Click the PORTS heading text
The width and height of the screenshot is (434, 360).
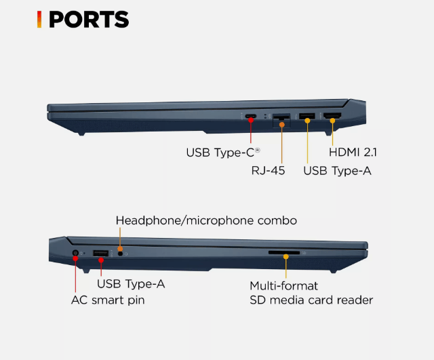pos(88,19)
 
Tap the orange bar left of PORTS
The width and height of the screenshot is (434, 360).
pos(39,19)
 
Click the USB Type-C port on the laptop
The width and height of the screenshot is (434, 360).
pos(251,116)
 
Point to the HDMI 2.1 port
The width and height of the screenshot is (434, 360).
pos(332,117)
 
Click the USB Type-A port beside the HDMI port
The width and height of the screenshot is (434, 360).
pos(307,117)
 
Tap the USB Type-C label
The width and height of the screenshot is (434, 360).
pos(223,153)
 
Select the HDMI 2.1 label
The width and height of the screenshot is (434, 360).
pos(353,153)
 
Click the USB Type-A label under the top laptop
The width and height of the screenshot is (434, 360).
pos(337,171)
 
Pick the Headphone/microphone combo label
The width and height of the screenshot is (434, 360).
pos(206,220)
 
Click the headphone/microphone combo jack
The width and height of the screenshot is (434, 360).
pos(121,254)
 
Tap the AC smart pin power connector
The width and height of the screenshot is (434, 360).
pos(76,255)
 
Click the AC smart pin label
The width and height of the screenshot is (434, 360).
pos(108,300)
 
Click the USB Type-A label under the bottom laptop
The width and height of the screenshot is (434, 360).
pos(131,283)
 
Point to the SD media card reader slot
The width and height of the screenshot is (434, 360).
pos(285,253)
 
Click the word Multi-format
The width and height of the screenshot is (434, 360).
pos(283,285)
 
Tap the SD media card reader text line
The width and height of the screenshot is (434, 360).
pos(311,300)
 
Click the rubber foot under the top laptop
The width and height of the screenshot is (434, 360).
pos(81,132)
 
